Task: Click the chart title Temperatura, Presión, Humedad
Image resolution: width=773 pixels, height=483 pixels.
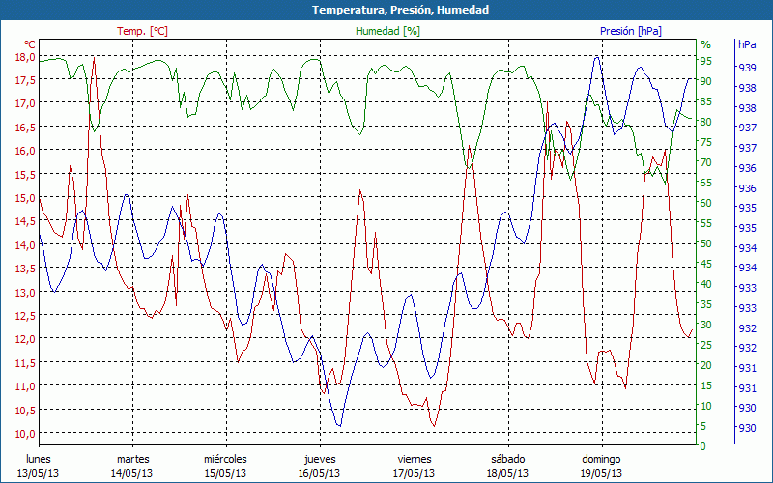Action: tap(386, 10)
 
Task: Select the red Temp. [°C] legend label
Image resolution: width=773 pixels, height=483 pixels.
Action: tap(142, 31)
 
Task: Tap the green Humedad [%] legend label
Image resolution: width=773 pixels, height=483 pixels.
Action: tap(387, 31)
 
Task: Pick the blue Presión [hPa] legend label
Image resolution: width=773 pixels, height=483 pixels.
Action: tap(631, 31)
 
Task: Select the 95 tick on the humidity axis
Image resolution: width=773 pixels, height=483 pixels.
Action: tap(705, 60)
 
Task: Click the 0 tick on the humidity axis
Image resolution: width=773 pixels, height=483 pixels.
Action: tap(702, 446)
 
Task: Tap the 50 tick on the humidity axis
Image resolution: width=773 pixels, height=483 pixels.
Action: tap(705, 243)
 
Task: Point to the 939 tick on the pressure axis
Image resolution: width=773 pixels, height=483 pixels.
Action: tap(747, 68)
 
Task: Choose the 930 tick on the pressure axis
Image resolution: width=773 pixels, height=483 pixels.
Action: tap(747, 429)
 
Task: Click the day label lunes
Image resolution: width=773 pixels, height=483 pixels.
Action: tap(38, 459)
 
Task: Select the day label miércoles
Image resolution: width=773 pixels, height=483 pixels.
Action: tap(226, 459)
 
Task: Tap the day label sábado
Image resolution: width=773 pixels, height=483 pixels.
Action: tap(507, 459)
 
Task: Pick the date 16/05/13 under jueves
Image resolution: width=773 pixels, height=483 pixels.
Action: tap(319, 473)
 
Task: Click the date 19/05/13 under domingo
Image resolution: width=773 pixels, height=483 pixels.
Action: tap(601, 473)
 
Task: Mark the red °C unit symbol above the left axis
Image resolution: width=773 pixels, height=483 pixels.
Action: tap(30, 44)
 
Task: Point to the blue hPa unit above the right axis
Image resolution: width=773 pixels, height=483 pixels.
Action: tap(747, 44)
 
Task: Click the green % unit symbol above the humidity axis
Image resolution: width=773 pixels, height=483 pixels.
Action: tap(705, 44)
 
